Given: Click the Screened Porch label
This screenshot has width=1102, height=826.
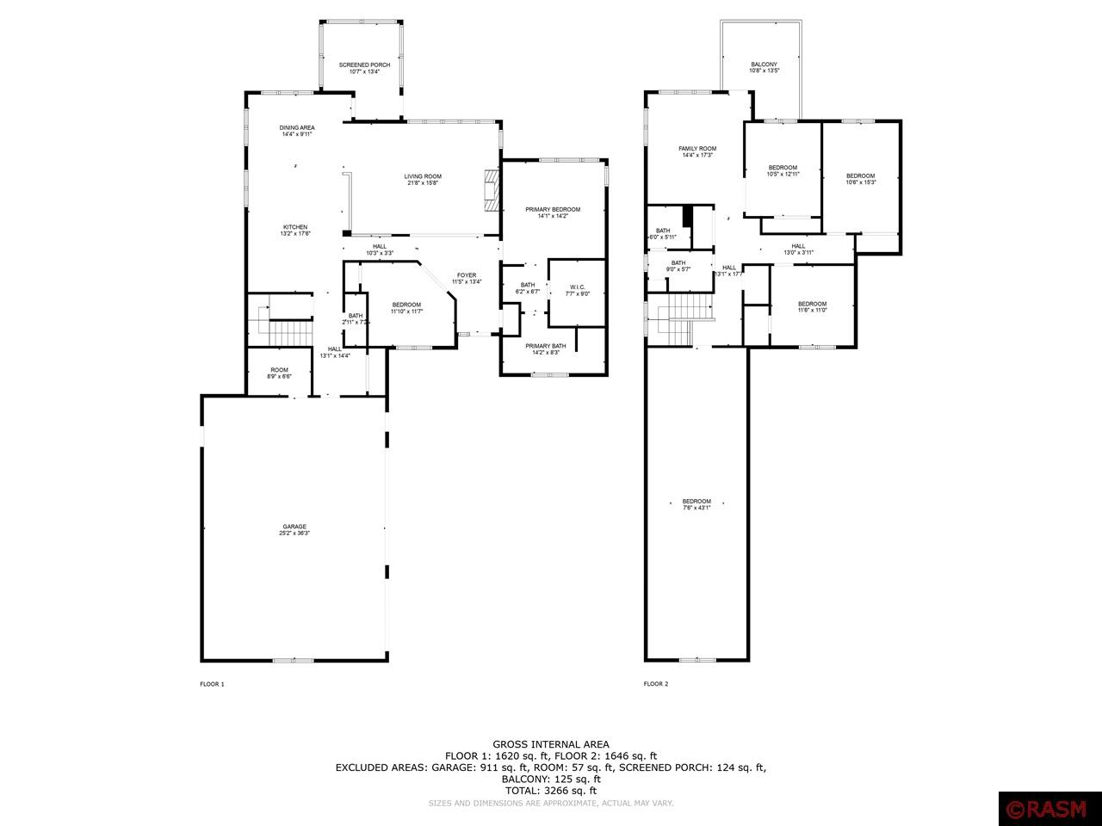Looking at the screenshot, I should click(x=364, y=68).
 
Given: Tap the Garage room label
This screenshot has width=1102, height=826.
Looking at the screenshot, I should click(x=294, y=530).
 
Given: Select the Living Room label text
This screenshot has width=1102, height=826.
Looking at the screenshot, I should click(x=423, y=180).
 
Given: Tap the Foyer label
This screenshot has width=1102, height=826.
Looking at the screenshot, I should click(x=467, y=278).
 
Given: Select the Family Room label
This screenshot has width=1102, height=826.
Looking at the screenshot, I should click(x=697, y=151).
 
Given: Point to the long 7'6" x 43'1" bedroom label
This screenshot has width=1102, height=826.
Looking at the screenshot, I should click(x=696, y=504).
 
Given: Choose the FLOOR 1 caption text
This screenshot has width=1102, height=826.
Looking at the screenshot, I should click(x=212, y=684).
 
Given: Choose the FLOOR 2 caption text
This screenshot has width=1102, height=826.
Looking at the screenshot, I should click(x=655, y=684).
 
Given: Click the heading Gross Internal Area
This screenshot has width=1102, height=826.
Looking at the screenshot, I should click(x=551, y=744).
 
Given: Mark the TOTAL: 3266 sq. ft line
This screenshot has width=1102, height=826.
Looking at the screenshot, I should click(x=551, y=790).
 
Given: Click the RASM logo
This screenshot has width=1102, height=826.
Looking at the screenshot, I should click(x=1048, y=810).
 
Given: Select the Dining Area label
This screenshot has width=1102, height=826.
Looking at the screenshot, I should click(x=296, y=131).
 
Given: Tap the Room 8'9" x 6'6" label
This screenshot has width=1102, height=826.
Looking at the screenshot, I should click(x=280, y=373).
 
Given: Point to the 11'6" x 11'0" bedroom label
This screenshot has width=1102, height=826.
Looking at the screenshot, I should click(x=812, y=306).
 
